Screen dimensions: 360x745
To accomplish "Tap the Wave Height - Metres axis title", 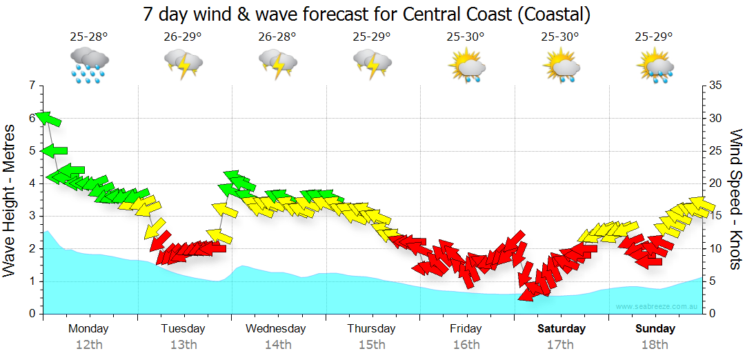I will pos(10,200).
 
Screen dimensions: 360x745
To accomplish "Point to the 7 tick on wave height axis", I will pos(31,86).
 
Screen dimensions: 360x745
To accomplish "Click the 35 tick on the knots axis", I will pos(715,86).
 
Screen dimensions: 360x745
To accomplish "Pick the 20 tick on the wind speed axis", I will pos(715,183).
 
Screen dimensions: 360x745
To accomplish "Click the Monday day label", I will pos(88,328).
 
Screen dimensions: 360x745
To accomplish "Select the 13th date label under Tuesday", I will pos(183,344).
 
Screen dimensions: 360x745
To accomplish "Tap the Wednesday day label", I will pos(275,328).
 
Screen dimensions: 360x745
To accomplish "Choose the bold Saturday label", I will pos(561,328).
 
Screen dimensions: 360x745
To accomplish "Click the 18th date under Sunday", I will pos(654,344).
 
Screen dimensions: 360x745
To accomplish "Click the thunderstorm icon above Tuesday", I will pos(183,64).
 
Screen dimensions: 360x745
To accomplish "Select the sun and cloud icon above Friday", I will pos(466,66).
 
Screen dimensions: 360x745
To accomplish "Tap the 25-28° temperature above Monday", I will pos(88,37).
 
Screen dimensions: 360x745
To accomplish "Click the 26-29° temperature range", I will pos(183,37).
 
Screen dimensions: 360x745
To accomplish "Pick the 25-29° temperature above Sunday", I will pos(654,37).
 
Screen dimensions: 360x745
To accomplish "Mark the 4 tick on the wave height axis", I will pos(31,183).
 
